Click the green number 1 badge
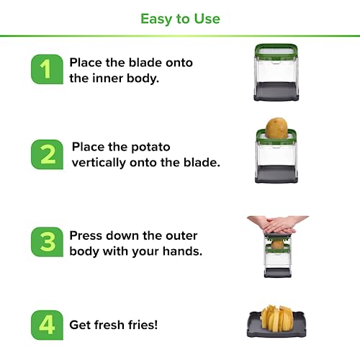[x=47, y=69]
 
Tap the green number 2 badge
[x=47, y=154]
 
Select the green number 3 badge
[x=47, y=242]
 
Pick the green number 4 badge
[x=47, y=325]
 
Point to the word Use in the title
[x=207, y=19]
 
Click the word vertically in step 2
[x=99, y=163]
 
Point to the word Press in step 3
[x=85, y=235]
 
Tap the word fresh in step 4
[x=109, y=325]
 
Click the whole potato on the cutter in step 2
[x=276, y=128]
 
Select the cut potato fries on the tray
[x=276, y=318]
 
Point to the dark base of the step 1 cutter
[x=276, y=91]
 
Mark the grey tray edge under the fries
[x=276, y=334]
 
